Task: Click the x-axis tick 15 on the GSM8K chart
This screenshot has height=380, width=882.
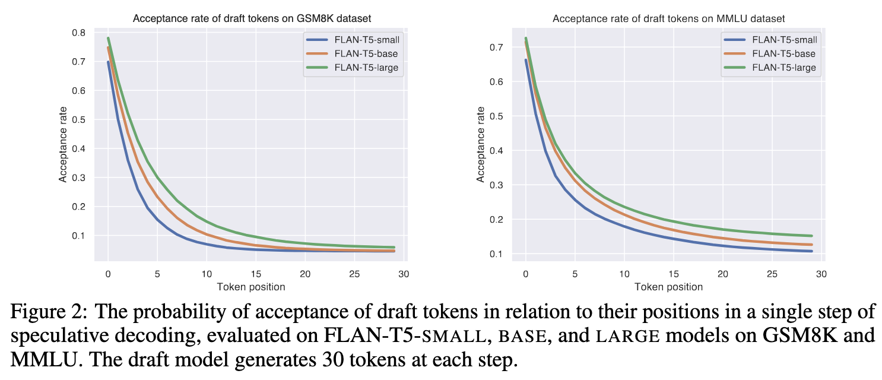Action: coord(255,274)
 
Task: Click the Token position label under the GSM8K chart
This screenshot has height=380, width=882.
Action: coord(250,287)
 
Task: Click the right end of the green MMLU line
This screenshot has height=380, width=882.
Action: coord(811,236)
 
